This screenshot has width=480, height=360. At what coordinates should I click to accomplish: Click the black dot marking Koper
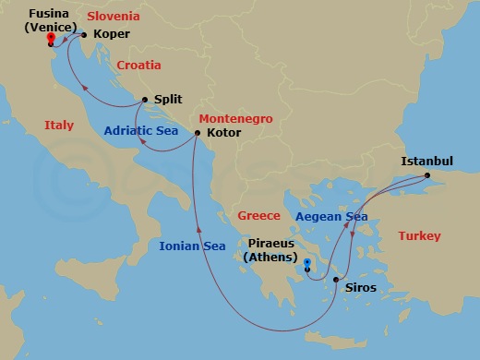point(83,36)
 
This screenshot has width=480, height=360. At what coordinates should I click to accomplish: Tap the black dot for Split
point(146,100)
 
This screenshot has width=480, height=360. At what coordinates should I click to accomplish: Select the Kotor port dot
point(198,134)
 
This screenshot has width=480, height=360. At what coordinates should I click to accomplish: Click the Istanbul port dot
point(426,175)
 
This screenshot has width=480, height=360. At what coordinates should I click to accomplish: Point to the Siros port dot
point(336,281)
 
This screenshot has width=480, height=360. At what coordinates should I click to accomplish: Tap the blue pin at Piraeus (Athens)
point(307,267)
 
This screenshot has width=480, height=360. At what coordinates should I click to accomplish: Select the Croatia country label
point(138,66)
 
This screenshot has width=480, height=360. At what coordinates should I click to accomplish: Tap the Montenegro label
point(234,119)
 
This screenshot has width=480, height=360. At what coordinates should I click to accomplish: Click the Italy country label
point(59,125)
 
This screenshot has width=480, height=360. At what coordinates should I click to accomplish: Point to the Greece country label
point(258,216)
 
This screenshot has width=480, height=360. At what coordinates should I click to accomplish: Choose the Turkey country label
point(419,236)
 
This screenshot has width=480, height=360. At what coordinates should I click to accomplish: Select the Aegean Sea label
point(331,217)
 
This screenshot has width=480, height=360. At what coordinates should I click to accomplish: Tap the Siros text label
point(360,287)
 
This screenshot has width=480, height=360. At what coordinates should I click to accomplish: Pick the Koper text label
point(112,35)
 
